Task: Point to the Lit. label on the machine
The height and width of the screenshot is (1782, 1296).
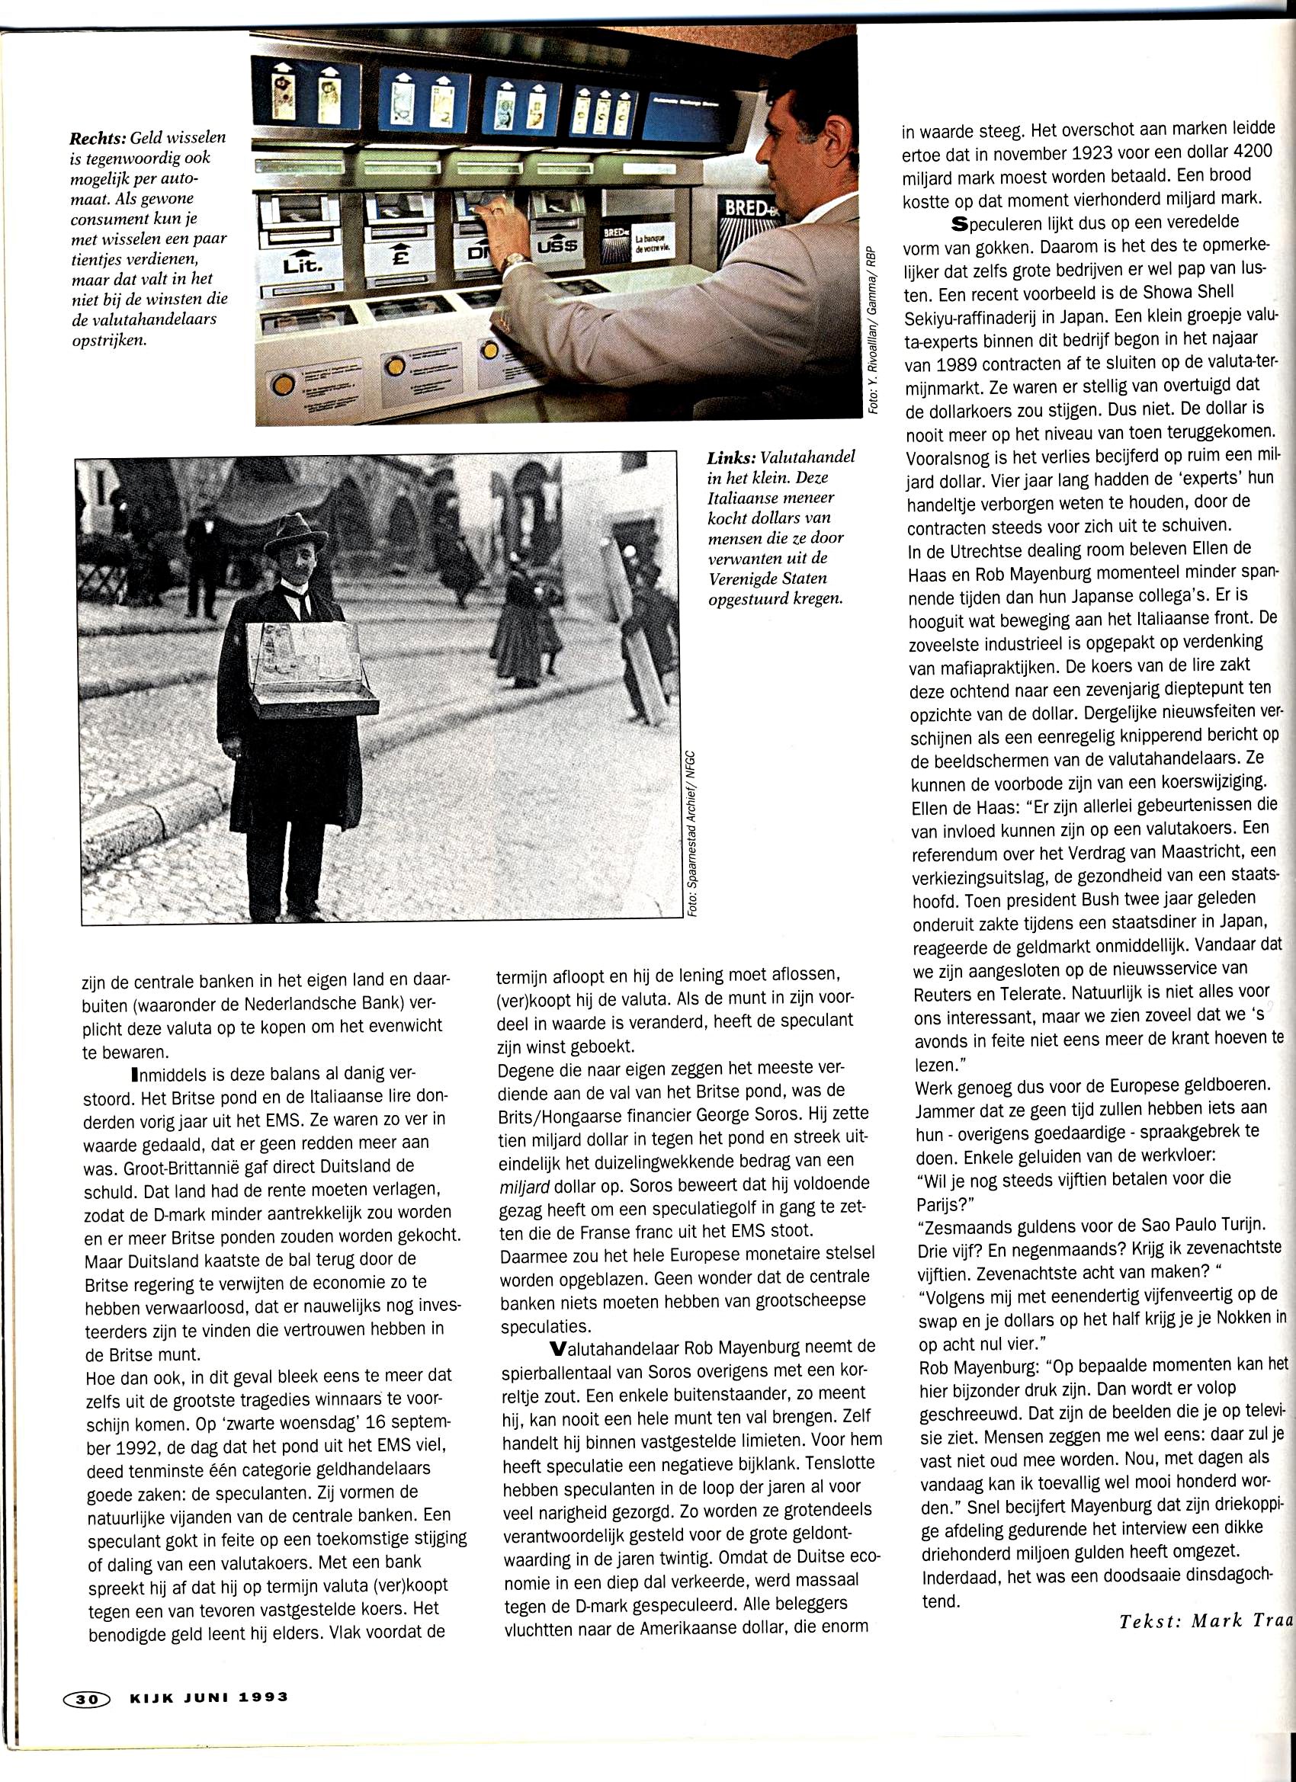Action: (x=302, y=266)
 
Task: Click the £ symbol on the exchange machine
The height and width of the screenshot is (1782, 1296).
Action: (x=399, y=258)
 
